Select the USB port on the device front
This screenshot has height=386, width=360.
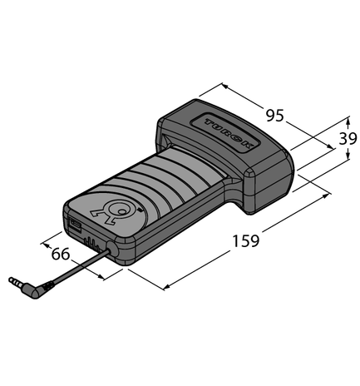[x=76, y=225]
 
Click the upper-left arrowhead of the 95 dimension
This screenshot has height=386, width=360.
[x=224, y=86]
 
